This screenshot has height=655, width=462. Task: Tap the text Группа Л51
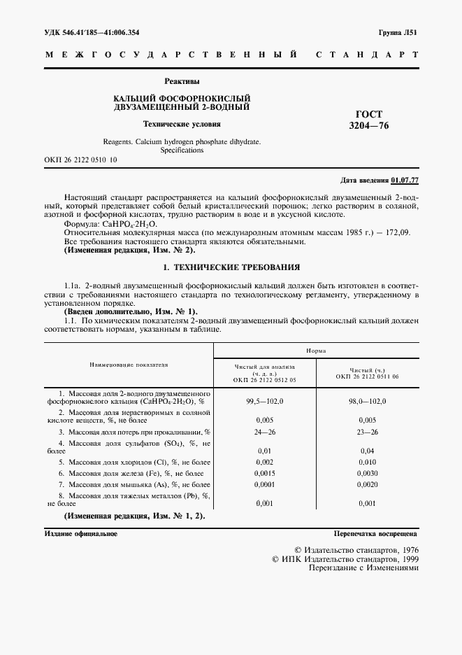click(398, 32)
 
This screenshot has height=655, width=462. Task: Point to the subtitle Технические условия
click(182, 124)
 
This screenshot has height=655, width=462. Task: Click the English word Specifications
click(182, 150)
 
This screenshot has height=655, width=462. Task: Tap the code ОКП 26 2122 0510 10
click(80, 160)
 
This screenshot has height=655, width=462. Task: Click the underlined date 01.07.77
click(405, 180)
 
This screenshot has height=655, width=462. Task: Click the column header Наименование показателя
click(129, 365)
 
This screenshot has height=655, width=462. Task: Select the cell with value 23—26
click(367, 432)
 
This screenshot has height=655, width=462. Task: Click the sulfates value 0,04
click(367, 451)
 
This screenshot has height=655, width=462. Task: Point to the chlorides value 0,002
click(264, 463)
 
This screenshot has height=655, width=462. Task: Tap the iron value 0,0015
click(264, 474)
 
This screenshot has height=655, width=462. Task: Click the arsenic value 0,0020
click(367, 485)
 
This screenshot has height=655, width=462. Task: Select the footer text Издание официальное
click(81, 533)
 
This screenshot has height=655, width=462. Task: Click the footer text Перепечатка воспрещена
click(375, 533)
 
